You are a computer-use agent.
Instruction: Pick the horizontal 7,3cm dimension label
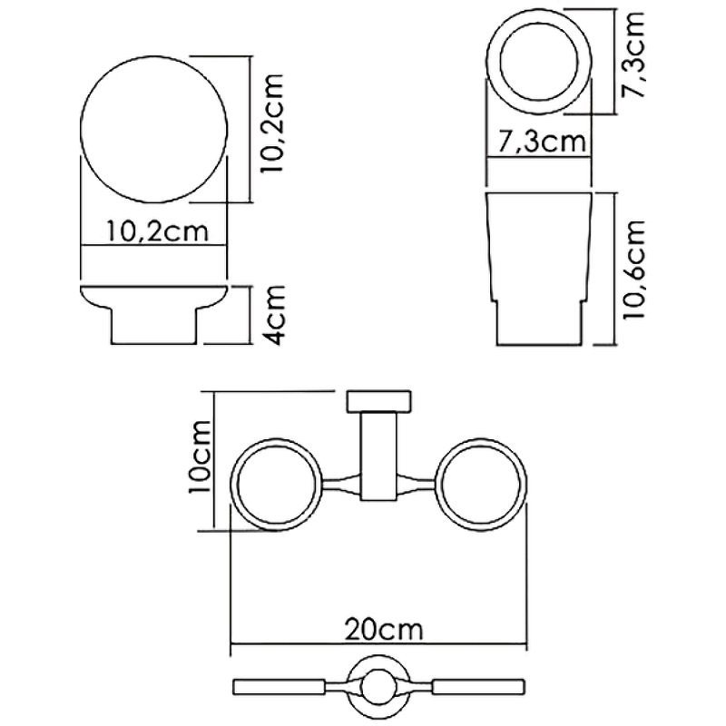[x=540, y=142]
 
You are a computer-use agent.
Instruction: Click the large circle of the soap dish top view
[x=152, y=128]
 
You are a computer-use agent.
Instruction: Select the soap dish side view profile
[x=152, y=313]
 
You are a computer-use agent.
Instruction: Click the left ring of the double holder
[x=279, y=484]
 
